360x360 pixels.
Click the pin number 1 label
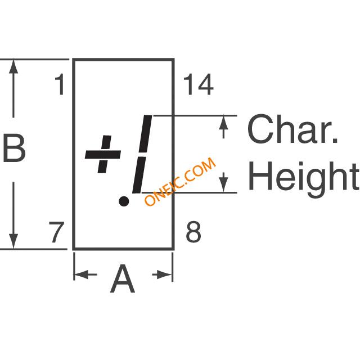[x=60, y=84]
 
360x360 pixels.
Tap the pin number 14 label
[x=199, y=84]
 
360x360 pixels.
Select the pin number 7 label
[x=56, y=232]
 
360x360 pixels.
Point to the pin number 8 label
[x=193, y=232]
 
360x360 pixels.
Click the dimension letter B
[x=14, y=148]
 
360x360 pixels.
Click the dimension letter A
[x=123, y=279]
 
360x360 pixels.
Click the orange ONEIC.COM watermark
[x=180, y=181]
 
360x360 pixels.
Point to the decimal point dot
[x=124, y=201]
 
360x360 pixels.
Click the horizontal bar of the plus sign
[x=103, y=154]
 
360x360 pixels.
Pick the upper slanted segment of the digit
[x=146, y=134]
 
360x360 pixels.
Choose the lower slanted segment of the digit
[x=138, y=175]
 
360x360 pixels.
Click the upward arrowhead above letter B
[x=13, y=66]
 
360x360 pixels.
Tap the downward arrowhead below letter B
[x=13, y=241]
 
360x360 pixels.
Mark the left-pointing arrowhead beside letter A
[x=81, y=274]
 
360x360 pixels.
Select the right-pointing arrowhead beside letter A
[x=165, y=274]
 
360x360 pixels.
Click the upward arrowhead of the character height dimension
[x=223, y=123]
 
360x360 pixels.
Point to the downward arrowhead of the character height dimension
[x=223, y=185]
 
